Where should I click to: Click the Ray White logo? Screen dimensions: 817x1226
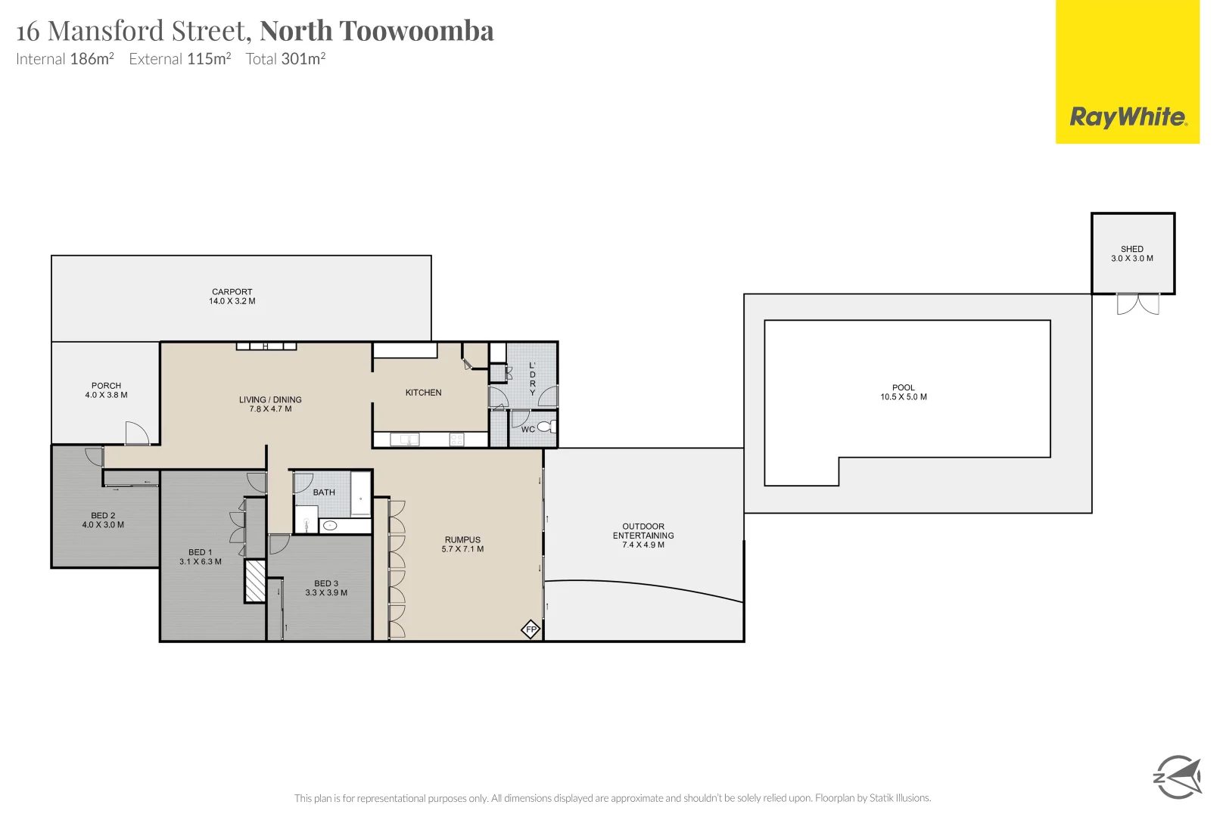pos(1127,117)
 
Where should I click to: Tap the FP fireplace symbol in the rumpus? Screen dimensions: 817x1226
pos(531,629)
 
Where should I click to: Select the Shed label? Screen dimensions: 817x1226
pos(1132,249)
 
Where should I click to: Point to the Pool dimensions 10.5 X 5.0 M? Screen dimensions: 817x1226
pos(904,397)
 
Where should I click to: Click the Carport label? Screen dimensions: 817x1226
pos(232,291)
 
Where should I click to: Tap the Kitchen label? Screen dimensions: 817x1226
pos(423,393)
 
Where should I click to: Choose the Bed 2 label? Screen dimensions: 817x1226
pos(103,515)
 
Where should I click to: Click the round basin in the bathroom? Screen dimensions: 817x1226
pos(330,525)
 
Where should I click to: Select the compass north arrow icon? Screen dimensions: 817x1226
pos(1178,776)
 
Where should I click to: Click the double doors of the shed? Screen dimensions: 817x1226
pos(1137,304)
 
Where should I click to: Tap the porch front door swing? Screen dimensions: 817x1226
pos(137,433)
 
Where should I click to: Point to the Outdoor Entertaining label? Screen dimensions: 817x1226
pos(643,531)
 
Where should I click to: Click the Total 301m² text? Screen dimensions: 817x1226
pos(285,59)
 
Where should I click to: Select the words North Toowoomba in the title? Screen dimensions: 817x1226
pos(377,31)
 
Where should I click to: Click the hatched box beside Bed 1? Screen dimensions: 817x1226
pos(255,581)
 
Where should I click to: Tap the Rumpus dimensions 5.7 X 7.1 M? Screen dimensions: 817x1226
pos(462,549)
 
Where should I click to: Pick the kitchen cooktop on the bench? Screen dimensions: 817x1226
pos(456,440)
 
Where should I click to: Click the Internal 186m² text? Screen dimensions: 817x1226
pos(65,59)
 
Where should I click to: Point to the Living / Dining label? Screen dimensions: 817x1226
pos(270,399)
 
